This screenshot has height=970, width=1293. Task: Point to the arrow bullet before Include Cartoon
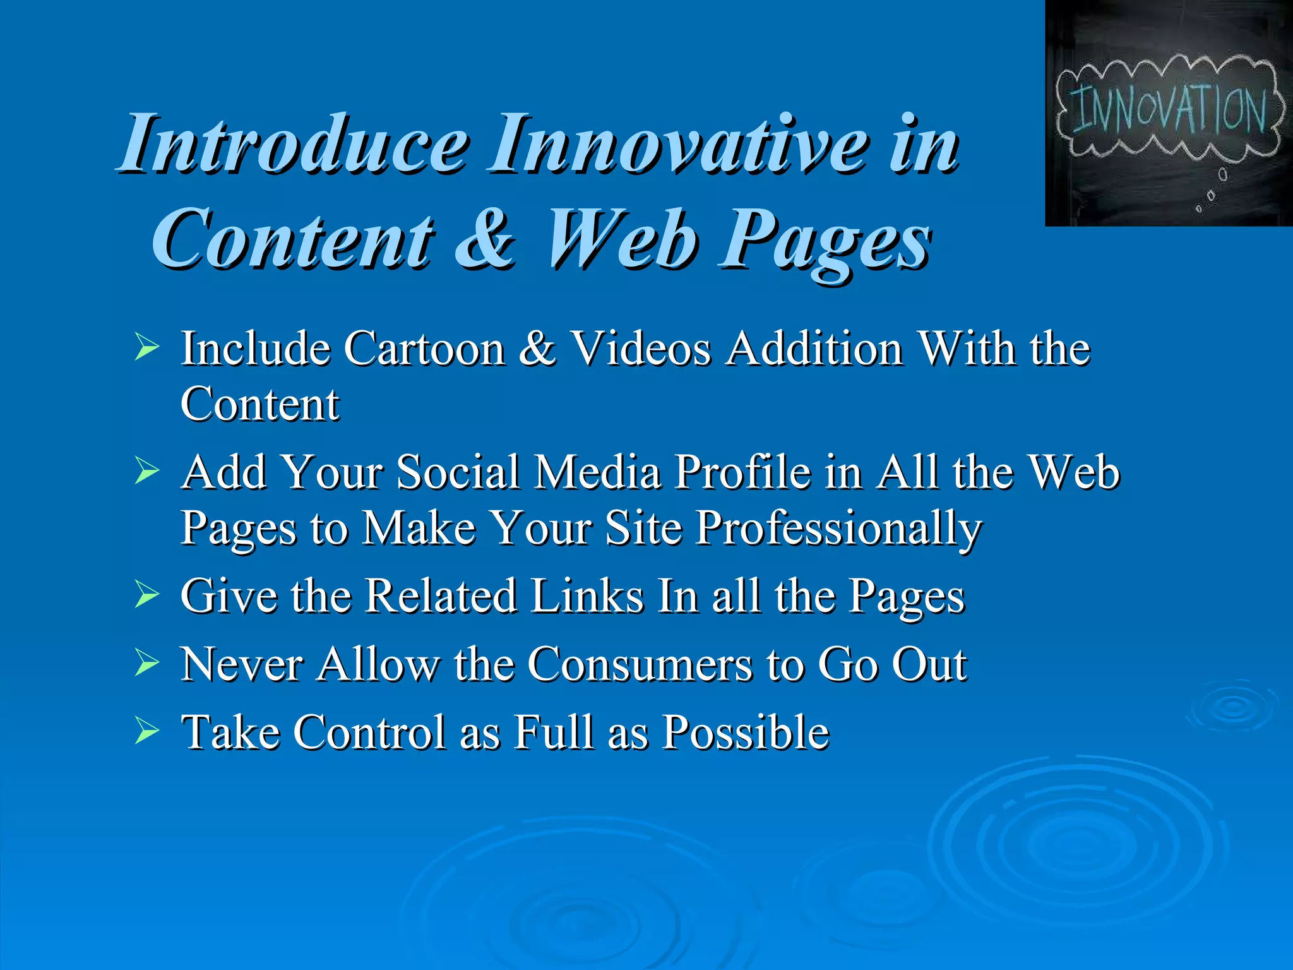click(146, 348)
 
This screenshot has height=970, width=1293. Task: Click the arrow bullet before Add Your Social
click(146, 472)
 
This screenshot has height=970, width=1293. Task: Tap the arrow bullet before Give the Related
click(146, 595)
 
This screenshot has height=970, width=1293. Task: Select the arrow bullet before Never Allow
click(146, 664)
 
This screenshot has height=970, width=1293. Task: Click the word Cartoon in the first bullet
click(424, 349)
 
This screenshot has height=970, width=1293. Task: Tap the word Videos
click(641, 349)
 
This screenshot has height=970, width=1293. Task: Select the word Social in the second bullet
click(458, 472)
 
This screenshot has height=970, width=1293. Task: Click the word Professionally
click(838, 528)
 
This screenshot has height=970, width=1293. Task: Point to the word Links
click(587, 596)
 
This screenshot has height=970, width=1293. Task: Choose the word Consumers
click(640, 664)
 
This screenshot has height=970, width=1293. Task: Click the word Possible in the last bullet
click(745, 733)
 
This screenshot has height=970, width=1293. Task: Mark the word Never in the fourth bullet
click(242, 664)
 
